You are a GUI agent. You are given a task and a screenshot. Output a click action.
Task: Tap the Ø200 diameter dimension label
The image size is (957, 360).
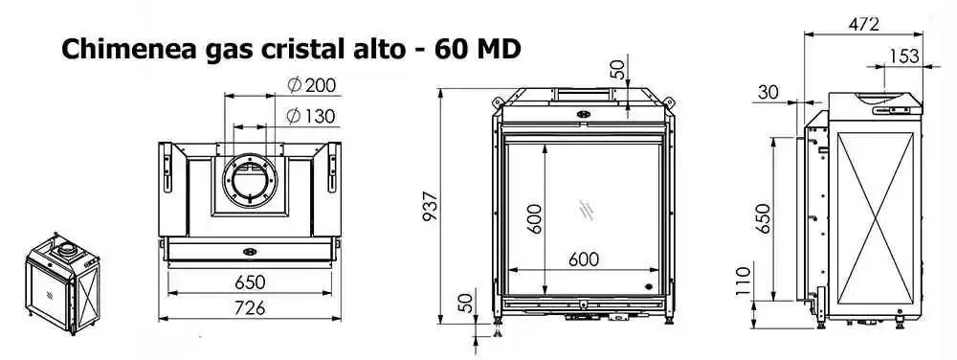tap(312, 85)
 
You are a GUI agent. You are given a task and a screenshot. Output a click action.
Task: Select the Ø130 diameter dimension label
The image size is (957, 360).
tap(311, 115)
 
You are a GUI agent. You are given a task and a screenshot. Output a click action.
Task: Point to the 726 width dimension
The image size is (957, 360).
tap(250, 308)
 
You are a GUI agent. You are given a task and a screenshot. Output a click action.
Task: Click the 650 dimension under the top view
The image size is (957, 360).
tap(250, 281)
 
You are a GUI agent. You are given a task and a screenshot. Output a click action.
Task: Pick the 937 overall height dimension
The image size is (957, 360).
tap(431, 206)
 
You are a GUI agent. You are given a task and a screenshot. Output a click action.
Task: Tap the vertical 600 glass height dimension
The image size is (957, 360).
tap(533, 218)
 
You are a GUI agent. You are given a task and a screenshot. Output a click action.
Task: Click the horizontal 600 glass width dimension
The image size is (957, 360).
tap(584, 259)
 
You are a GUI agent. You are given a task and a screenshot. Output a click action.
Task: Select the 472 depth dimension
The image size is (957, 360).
tap(863, 24)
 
